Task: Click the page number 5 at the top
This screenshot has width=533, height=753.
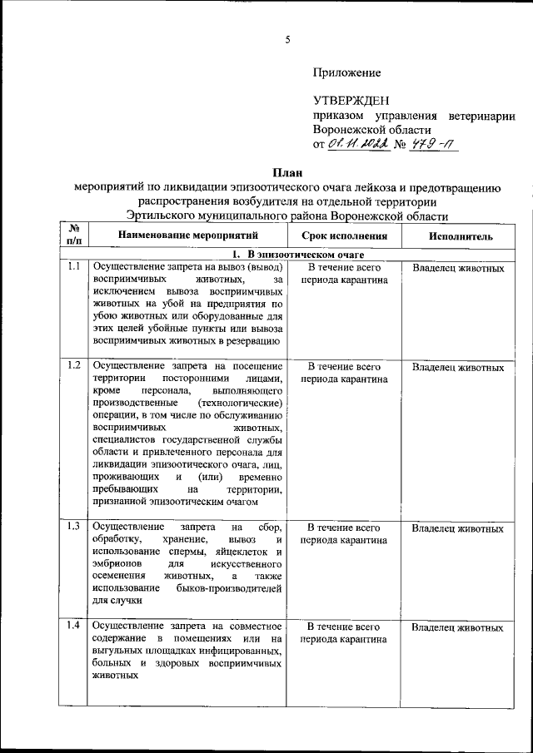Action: (287, 39)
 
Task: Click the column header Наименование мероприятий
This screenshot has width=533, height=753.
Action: (187, 236)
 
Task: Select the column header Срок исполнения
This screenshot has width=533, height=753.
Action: (344, 236)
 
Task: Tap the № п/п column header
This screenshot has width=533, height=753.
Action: (73, 235)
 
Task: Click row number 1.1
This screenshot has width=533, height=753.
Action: (73, 268)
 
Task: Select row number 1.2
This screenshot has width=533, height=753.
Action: (73, 366)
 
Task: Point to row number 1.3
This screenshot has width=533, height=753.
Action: (73, 528)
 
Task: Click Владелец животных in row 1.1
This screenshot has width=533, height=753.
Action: (458, 269)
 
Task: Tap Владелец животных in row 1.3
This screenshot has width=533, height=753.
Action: (458, 528)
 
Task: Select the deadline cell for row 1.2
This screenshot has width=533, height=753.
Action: (344, 373)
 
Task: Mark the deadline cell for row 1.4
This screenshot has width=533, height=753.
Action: (344, 633)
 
